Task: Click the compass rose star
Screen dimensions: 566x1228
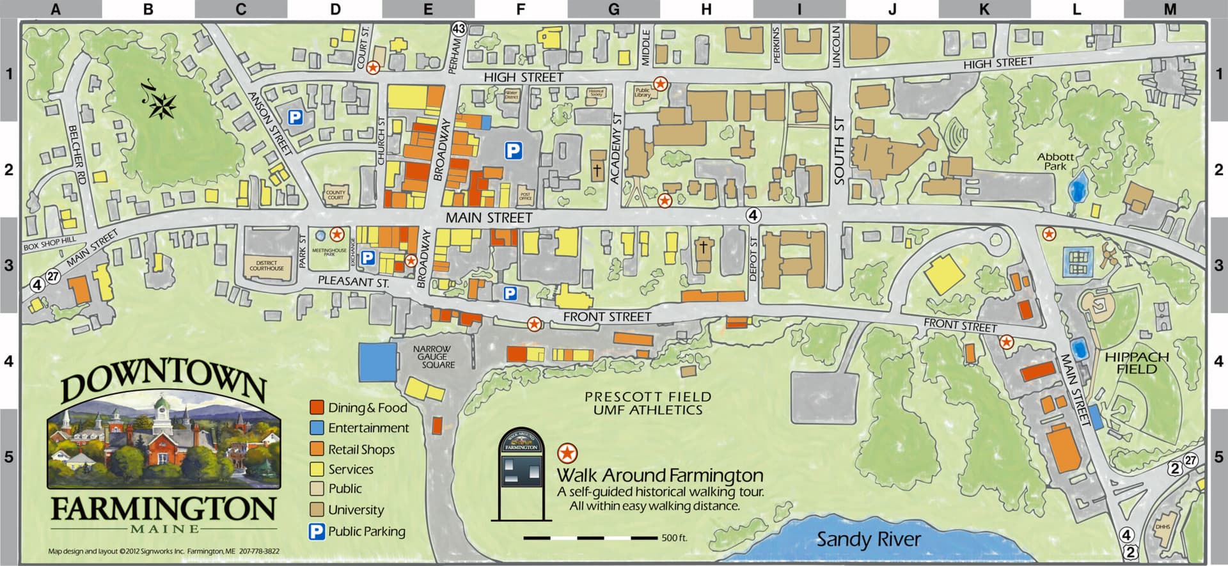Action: click(162, 106)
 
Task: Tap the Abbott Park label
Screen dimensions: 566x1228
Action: click(1055, 161)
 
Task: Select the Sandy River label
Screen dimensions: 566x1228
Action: click(869, 539)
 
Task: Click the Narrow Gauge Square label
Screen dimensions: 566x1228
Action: click(433, 357)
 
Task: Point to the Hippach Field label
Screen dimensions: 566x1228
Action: click(1137, 363)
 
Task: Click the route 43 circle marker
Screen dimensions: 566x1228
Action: click(459, 29)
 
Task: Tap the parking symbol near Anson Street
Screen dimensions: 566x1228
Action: click(295, 118)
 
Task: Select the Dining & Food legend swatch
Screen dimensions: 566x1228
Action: click(317, 407)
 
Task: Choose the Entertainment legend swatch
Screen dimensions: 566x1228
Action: click(317, 428)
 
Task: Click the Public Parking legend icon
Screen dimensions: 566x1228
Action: click(317, 531)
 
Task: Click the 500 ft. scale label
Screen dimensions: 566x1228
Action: click(674, 538)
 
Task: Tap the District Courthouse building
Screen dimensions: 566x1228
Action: click(267, 265)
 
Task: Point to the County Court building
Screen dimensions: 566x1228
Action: click(335, 194)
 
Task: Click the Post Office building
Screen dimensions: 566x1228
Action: click(525, 196)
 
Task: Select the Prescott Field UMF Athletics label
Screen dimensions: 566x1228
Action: click(647, 404)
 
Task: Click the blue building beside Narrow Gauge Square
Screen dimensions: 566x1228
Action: click(378, 363)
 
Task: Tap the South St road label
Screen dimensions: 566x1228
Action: click(839, 151)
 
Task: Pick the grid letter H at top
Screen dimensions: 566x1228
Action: click(706, 10)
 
